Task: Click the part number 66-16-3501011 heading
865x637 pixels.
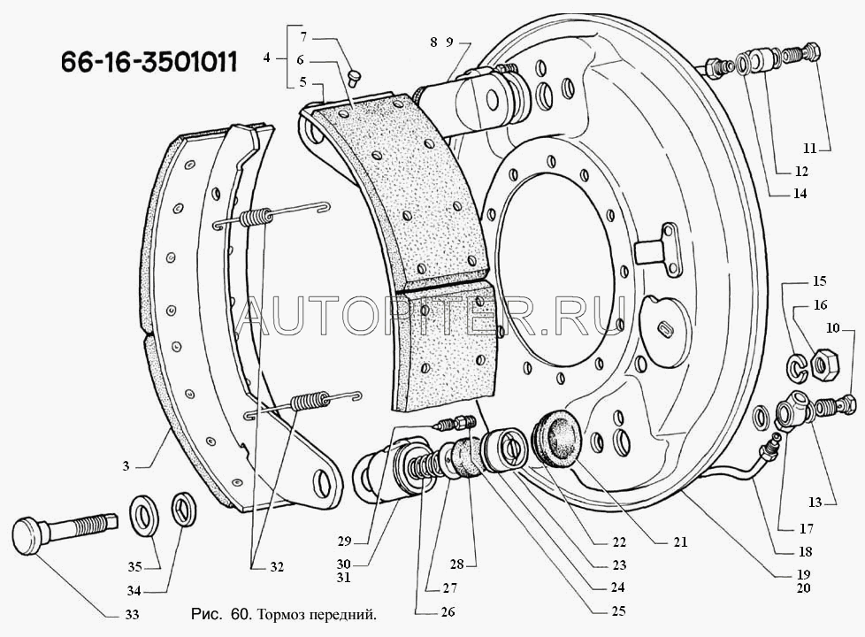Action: [149, 62]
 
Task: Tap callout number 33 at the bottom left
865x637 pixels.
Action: [131, 614]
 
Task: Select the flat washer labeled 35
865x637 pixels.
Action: [144, 514]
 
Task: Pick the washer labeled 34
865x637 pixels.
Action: [182, 510]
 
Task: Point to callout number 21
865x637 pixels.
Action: [681, 542]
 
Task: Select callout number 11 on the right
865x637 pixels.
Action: [809, 148]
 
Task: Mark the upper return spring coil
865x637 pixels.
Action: [256, 217]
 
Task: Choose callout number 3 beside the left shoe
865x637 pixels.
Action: [126, 466]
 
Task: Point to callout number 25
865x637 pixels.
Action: [618, 610]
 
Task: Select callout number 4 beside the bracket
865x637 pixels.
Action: [266, 57]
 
